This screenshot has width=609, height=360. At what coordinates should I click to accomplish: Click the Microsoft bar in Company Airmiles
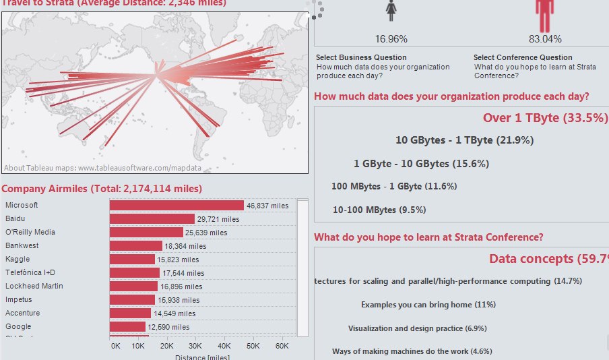tap(177, 206)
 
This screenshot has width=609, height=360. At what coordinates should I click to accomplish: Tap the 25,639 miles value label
tap(205, 233)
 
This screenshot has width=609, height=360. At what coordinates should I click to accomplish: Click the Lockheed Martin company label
tap(34, 286)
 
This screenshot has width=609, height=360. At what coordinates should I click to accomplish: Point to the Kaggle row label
tap(18, 259)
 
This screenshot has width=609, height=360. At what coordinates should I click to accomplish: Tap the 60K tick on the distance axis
tap(281, 345)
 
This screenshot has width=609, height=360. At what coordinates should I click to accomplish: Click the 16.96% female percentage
tap(391, 39)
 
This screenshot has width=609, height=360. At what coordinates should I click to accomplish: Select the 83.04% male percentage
tap(545, 39)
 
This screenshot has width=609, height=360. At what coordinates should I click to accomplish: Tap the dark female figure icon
tap(391, 11)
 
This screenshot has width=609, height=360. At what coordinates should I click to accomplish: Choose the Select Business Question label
tap(361, 57)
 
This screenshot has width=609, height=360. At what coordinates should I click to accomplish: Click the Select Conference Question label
tap(523, 57)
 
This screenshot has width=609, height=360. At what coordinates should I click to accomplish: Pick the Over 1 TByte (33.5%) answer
tap(545, 117)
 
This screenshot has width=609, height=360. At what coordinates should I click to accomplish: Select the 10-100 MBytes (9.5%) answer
tap(379, 210)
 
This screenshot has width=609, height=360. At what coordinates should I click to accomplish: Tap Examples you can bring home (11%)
tap(428, 305)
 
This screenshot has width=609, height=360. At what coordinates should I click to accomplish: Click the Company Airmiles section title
tap(102, 189)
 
